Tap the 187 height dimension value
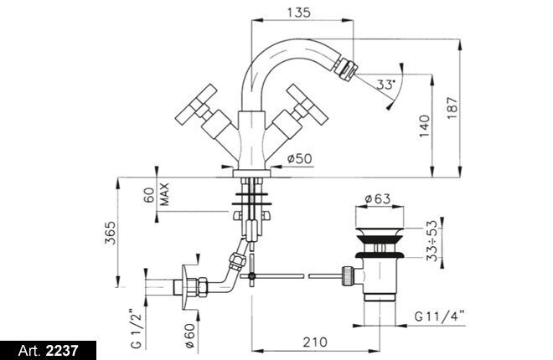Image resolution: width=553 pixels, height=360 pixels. pos(476,107)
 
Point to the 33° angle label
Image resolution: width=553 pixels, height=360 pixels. pos(385,85)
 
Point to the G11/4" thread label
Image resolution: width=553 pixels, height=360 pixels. pos(440,317)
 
